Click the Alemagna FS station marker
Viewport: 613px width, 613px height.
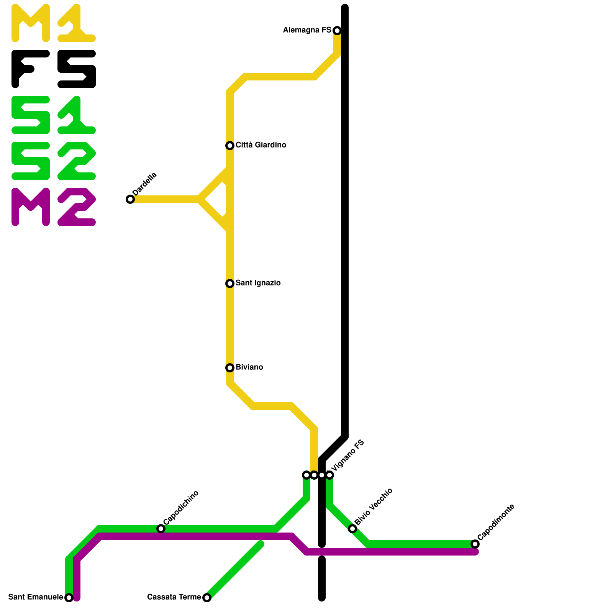point(337,31)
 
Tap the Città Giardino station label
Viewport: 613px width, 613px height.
point(261,145)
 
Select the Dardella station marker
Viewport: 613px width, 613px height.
point(130,199)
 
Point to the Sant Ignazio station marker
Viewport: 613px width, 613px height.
point(230,284)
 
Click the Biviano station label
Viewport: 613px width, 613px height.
point(249,367)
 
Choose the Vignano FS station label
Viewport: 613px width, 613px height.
point(347,456)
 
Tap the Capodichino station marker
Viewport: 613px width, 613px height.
point(161,529)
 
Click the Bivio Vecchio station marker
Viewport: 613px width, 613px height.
point(352,529)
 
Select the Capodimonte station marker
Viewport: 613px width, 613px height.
point(475,544)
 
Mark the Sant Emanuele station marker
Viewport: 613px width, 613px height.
point(69,598)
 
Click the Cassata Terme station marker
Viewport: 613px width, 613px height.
point(207,598)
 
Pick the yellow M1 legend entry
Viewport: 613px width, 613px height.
point(53,23)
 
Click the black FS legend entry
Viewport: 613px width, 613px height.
point(53,69)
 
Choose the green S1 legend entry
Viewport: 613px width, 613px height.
point(53,115)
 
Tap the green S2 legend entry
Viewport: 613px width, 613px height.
point(53,161)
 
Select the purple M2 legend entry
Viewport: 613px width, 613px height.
point(53,207)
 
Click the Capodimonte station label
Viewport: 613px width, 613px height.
point(496,522)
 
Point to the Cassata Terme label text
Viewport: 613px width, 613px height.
point(174,597)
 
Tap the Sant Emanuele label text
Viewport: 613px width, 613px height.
point(35,597)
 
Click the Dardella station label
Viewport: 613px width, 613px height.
point(144,184)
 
